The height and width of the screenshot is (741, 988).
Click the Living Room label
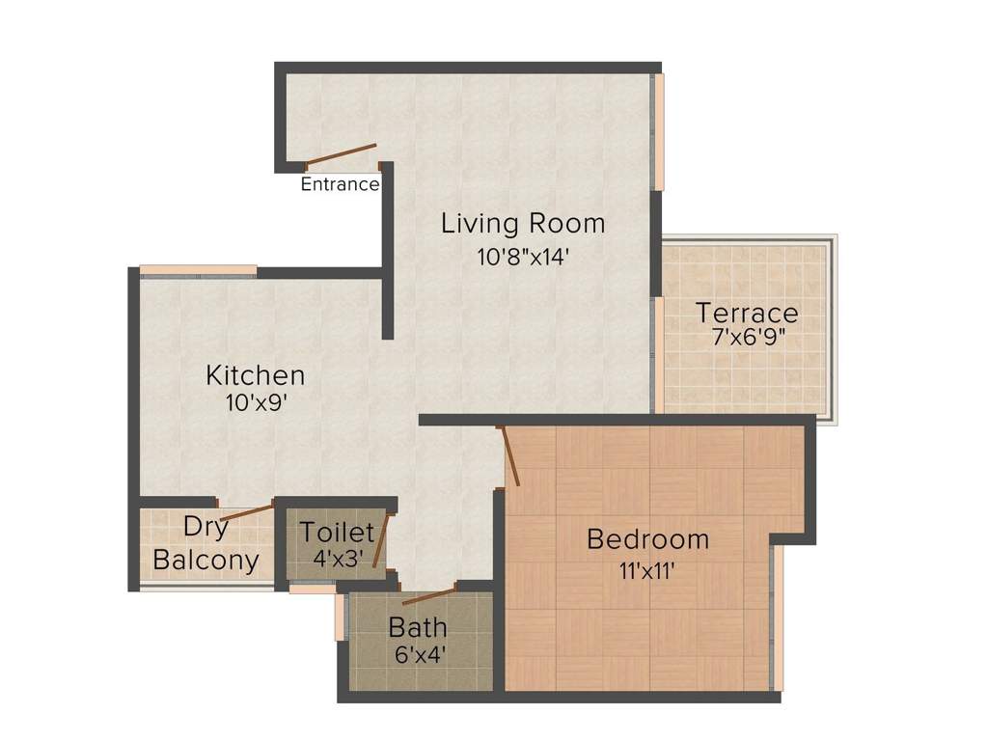point(523,223)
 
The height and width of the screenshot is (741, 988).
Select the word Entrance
point(340,184)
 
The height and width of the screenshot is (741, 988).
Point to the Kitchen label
point(256,374)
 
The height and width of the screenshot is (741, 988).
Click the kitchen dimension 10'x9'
point(256,403)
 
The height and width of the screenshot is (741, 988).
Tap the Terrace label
point(747,313)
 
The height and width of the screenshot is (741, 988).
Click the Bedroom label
point(647,538)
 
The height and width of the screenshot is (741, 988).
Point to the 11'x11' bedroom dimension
point(646,569)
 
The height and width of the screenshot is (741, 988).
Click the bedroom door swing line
point(510,455)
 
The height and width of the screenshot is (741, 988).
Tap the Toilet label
point(336,531)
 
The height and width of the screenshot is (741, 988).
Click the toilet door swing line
point(381,540)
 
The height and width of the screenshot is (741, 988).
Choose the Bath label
point(418,626)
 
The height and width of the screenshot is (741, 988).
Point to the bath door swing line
point(428,594)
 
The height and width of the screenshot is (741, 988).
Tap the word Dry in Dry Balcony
point(206,527)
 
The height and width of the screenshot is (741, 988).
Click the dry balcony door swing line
point(246,512)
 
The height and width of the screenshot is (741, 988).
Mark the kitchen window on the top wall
point(198,269)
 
